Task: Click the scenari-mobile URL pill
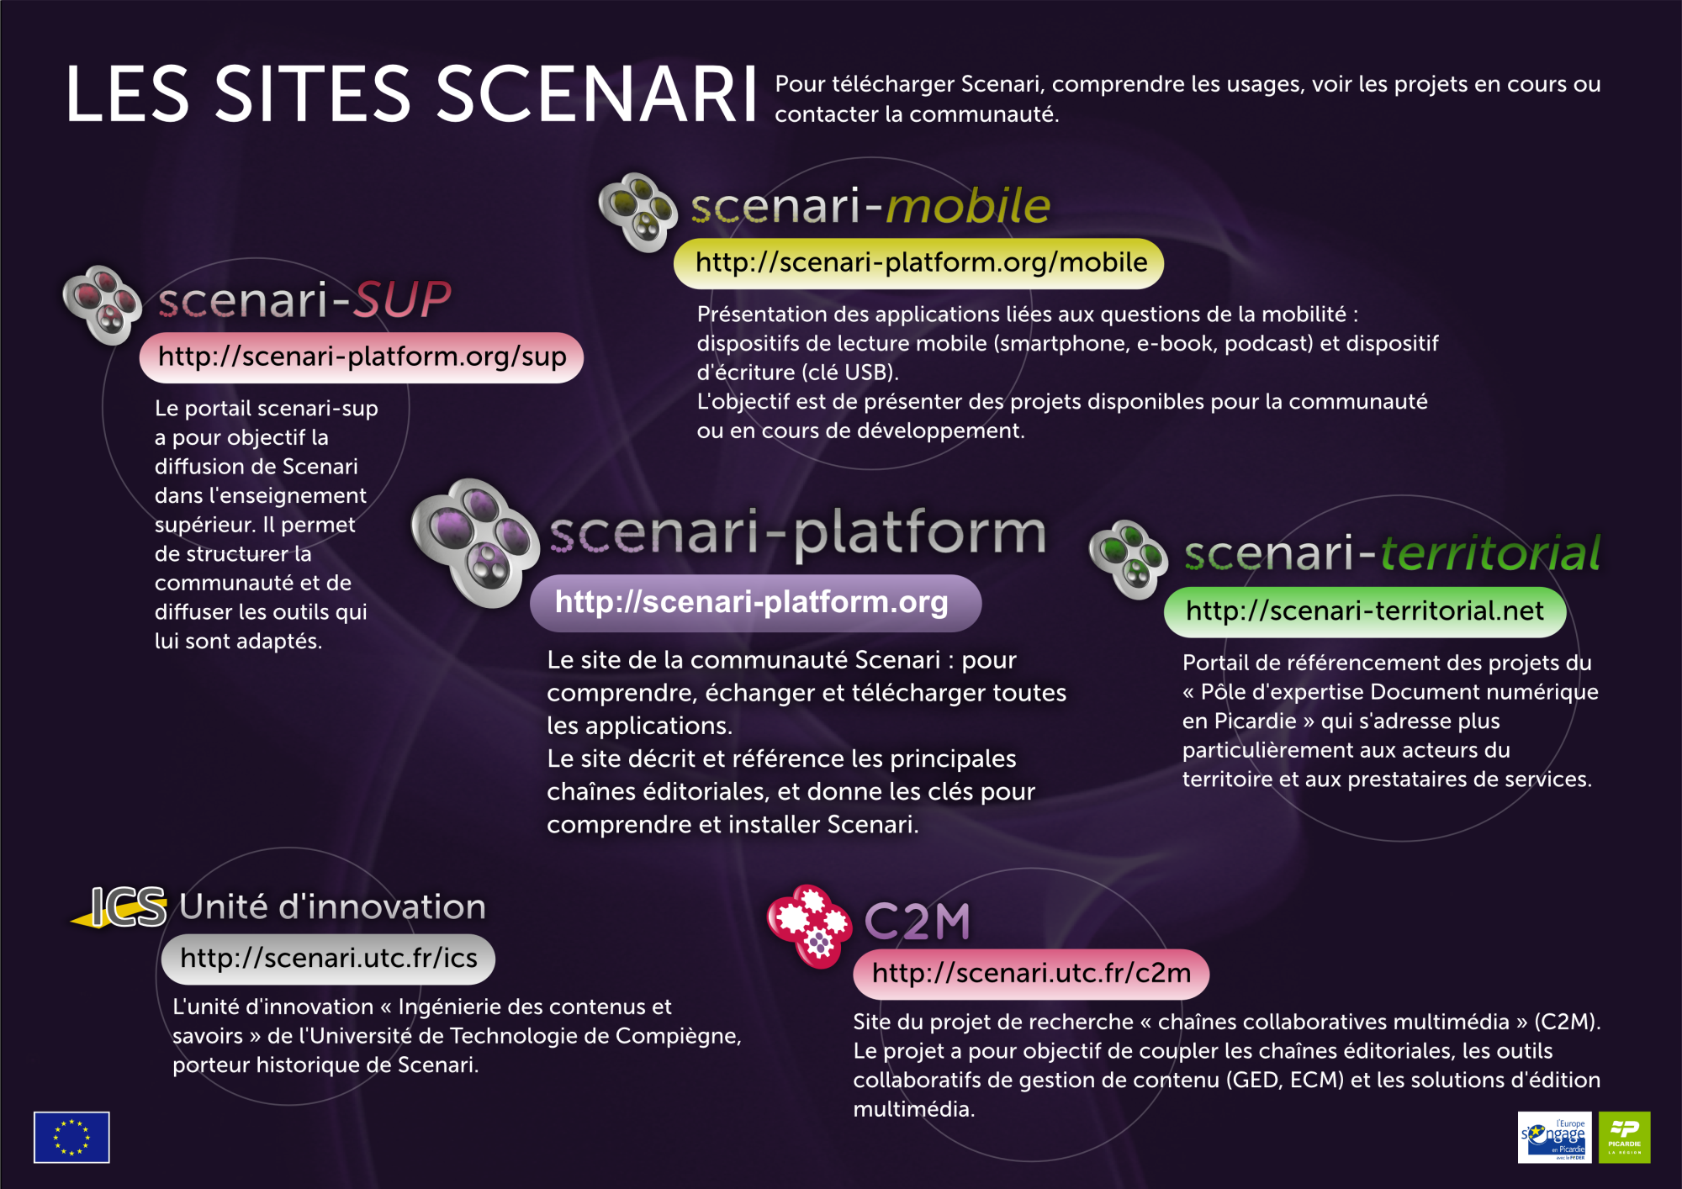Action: click(x=918, y=263)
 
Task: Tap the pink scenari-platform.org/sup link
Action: click(x=362, y=357)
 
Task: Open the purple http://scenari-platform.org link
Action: click(x=755, y=603)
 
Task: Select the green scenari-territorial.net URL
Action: click(x=1365, y=611)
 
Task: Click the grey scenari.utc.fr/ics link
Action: click(x=328, y=959)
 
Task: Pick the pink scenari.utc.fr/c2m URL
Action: click(x=1031, y=974)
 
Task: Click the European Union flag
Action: click(x=71, y=1137)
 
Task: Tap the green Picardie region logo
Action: click(x=1624, y=1137)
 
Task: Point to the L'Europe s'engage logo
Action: click(x=1552, y=1137)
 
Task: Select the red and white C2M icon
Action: click(x=809, y=926)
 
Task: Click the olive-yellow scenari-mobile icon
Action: click(x=638, y=212)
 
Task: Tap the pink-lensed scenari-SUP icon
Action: click(x=103, y=304)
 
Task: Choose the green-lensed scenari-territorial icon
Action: click(x=1129, y=559)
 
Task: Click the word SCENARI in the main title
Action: click(x=596, y=94)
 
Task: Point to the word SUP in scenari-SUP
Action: click(x=402, y=299)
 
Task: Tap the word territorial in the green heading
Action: click(x=1490, y=553)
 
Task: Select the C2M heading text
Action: click(x=917, y=922)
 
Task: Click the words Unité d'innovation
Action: click(x=333, y=906)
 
